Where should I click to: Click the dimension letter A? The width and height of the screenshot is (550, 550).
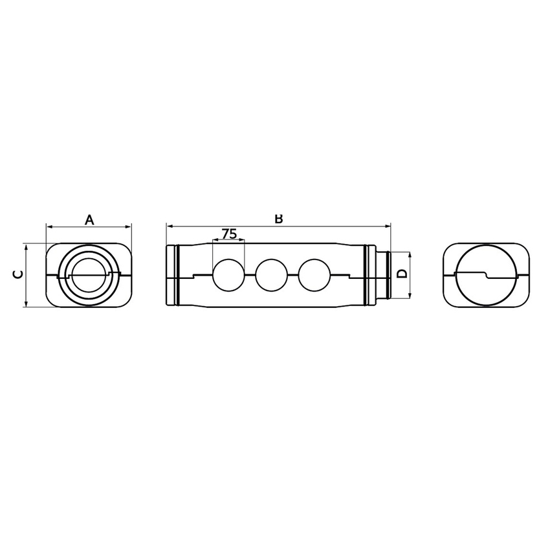tap(89, 220)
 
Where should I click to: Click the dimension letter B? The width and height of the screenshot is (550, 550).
tap(279, 219)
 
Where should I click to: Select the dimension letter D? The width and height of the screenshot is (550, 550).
tap(402, 274)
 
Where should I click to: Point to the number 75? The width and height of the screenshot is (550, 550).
tap(228, 234)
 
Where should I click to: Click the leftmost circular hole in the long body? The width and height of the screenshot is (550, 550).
tap(228, 275)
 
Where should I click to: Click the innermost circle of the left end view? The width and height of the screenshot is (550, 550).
tap(89, 274)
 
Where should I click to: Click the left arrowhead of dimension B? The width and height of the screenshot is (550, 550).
tap(169, 226)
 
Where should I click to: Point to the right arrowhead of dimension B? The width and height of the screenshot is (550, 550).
tap(388, 226)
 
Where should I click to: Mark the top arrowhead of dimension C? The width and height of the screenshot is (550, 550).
tap(25, 247)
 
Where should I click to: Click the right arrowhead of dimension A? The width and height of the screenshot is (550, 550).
tap(129, 226)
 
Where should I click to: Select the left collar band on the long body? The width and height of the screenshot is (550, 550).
tap(174, 275)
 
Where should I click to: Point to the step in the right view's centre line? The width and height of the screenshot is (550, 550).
tap(487, 276)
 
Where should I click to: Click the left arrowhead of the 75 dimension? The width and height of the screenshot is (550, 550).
tap(215, 241)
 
